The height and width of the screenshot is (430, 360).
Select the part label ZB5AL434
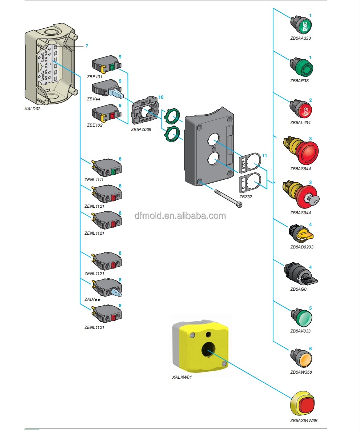300,123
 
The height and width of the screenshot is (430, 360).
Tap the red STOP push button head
305,110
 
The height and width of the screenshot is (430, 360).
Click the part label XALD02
32,108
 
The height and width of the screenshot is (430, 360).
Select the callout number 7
87,46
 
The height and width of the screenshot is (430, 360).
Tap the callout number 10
161,97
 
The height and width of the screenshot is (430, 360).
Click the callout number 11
264,156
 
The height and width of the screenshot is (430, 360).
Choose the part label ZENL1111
94,179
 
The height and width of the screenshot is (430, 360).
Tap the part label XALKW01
182,377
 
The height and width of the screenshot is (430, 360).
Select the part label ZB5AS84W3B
304,420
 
